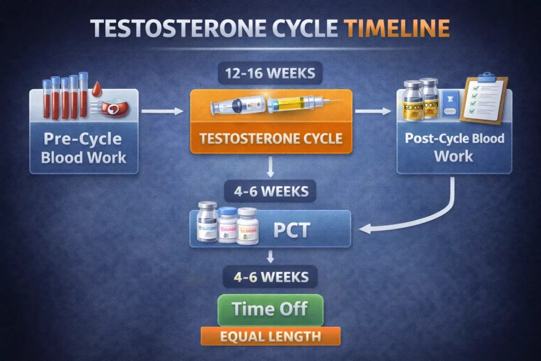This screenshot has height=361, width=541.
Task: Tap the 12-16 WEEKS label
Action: [x=270, y=73]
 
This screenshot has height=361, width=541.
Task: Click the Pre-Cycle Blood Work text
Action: [x=83, y=149]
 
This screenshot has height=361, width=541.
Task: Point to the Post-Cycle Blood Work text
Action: [x=454, y=147]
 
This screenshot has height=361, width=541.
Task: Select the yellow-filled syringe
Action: [x=299, y=103]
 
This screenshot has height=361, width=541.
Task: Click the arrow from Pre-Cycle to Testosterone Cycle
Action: [x=163, y=112]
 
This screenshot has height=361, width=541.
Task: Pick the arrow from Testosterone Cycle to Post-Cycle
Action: [x=374, y=112]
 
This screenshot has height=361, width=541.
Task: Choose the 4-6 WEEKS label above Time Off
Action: [x=270, y=276]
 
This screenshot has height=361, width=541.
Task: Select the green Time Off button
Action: [x=270, y=310]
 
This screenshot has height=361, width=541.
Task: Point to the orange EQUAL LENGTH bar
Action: [x=270, y=336]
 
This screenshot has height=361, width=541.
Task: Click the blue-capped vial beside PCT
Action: [x=228, y=225]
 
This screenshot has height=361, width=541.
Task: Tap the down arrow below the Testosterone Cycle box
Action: [x=270, y=168]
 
